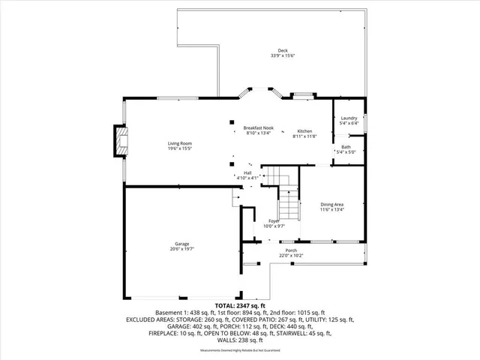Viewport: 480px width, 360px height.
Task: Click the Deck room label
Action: (x=283, y=51)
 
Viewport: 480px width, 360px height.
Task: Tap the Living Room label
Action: (x=180, y=142)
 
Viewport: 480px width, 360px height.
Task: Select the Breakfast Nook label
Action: (x=258, y=128)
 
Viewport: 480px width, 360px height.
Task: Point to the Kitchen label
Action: (x=304, y=131)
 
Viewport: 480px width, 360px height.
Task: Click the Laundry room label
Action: (x=349, y=118)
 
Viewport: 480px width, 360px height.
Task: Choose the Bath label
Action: (x=346, y=147)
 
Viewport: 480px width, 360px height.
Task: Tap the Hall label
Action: (x=248, y=172)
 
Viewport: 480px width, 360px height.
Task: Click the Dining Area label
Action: (x=332, y=205)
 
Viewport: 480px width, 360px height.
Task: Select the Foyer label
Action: (x=274, y=220)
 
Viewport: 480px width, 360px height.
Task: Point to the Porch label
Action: (x=291, y=250)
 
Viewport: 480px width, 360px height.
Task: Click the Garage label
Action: (x=182, y=244)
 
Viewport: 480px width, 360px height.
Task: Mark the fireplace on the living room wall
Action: (x=119, y=141)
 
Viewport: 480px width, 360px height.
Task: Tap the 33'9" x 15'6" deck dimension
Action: (x=283, y=56)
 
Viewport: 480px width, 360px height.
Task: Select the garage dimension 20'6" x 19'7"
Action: (x=182, y=249)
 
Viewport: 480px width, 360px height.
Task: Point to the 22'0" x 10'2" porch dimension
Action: (x=291, y=255)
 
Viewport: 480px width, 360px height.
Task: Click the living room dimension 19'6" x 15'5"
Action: (x=180, y=148)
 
